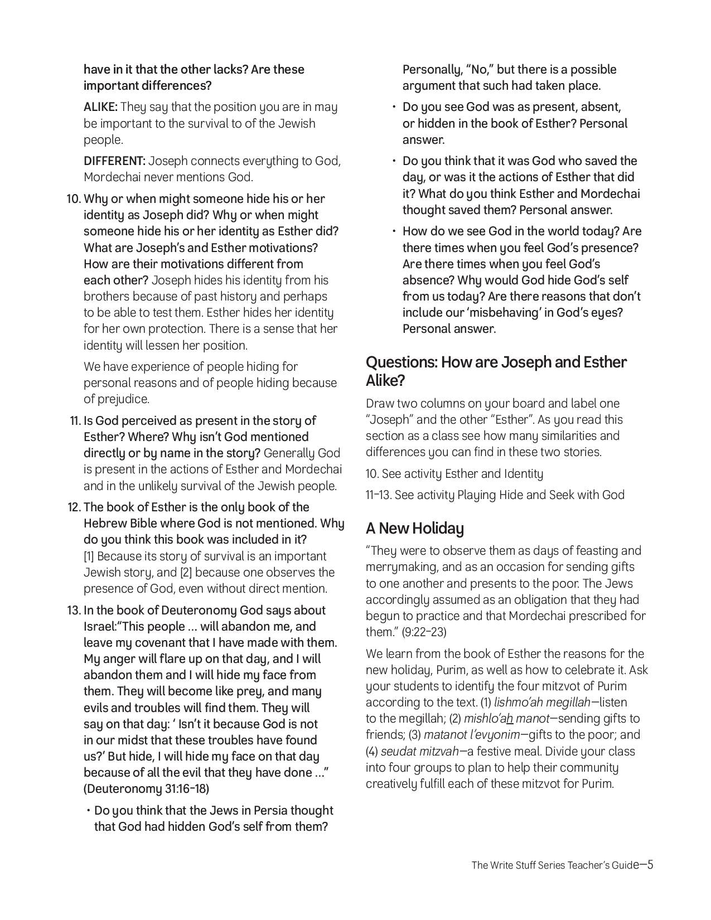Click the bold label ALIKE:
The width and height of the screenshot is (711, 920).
(100, 107)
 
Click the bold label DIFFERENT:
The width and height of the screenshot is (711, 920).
(114, 161)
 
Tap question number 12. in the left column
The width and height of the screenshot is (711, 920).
(75, 507)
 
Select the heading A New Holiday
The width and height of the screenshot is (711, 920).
(414, 528)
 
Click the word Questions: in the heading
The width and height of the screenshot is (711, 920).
(402, 362)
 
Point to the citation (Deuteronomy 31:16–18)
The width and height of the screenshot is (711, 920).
(146, 789)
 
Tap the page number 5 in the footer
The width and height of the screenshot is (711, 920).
(650, 865)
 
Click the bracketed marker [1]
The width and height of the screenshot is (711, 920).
(89, 556)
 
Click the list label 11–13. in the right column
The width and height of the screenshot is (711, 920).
(379, 495)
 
